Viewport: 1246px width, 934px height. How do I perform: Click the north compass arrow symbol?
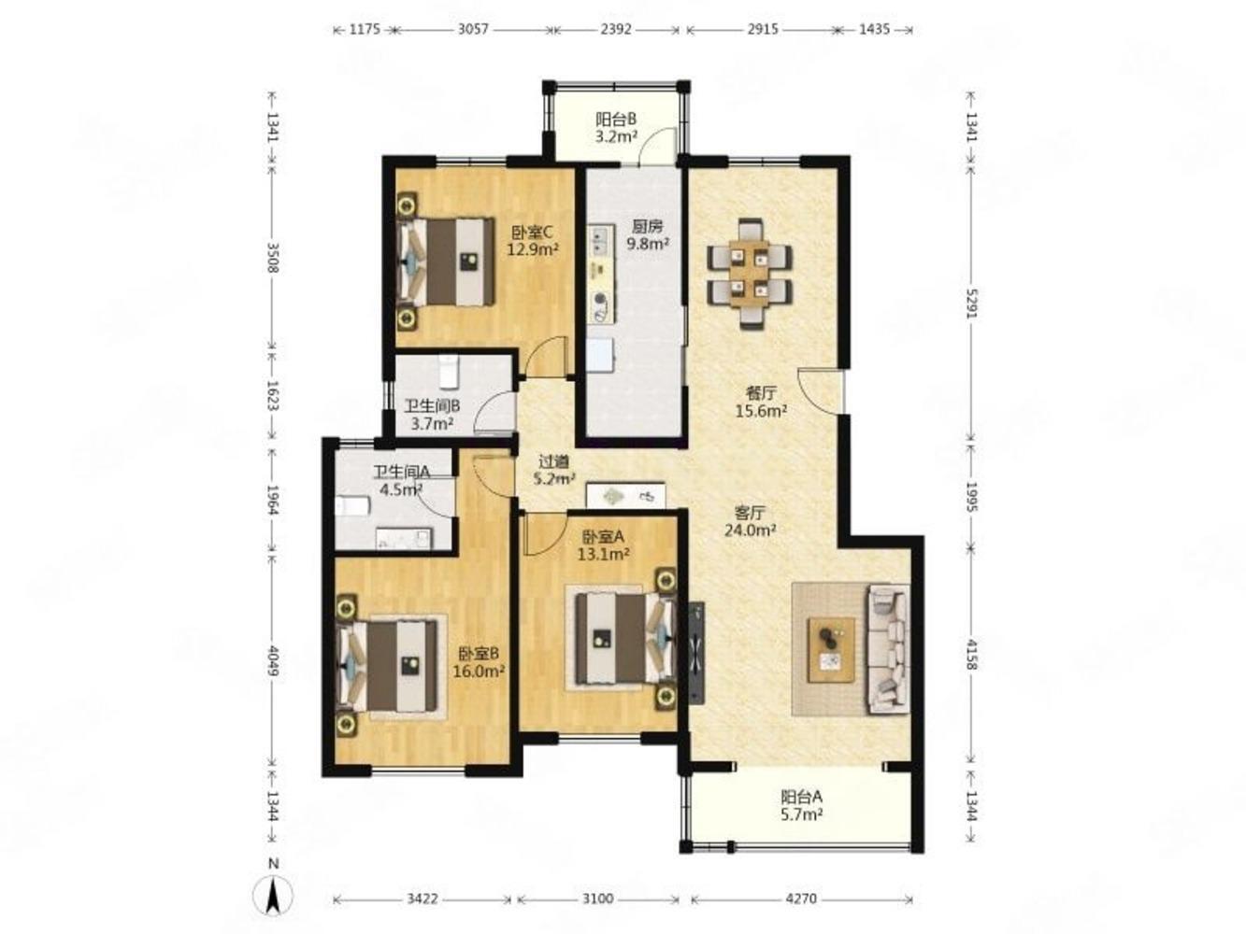[x=273, y=897]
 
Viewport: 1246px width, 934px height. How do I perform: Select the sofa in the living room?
[x=888, y=649]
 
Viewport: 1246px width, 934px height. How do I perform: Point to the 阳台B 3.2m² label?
[x=616, y=128]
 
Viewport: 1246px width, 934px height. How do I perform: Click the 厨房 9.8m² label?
[x=647, y=235]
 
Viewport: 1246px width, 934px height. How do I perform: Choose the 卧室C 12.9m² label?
[x=533, y=240]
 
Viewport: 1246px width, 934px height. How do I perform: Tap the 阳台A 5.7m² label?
[x=801, y=805]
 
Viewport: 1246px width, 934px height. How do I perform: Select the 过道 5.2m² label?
[x=554, y=471]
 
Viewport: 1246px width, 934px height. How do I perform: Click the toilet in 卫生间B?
[x=449, y=372]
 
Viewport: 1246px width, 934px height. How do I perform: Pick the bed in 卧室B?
[x=388, y=666]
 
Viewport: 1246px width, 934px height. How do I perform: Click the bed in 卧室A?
[x=624, y=638]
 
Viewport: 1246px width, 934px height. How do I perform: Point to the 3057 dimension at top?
[x=473, y=29]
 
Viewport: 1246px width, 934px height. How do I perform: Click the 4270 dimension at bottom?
[x=801, y=899]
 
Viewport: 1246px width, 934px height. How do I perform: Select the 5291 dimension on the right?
[x=971, y=311]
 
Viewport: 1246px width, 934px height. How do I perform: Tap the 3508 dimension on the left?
[x=272, y=258]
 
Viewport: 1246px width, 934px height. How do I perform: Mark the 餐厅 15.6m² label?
[x=761, y=402]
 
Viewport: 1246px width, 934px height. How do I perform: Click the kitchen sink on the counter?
[x=601, y=240]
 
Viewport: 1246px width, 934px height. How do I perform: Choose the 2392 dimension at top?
[x=616, y=29]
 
